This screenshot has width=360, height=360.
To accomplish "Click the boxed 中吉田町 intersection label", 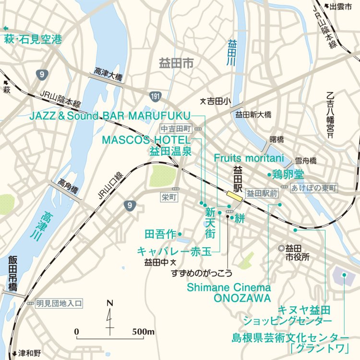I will [176, 129].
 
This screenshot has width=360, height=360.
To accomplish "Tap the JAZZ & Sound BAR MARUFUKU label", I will [110, 116].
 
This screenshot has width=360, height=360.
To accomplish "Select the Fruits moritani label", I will [249, 158].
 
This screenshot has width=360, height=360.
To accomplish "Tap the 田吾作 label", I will [160, 234].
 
